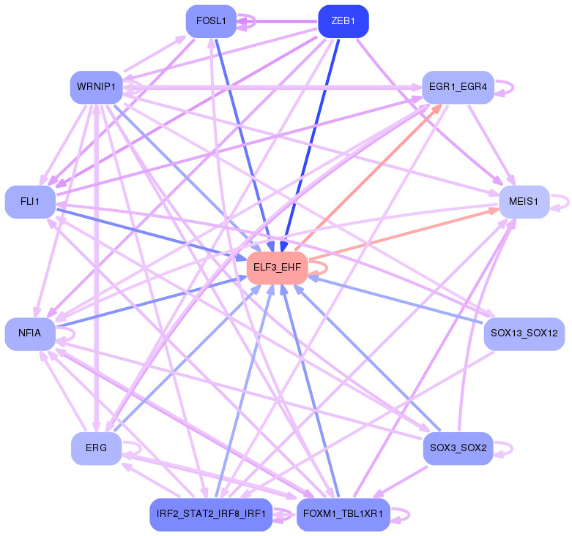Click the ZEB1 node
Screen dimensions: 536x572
tap(343, 20)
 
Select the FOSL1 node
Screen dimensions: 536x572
tap(211, 20)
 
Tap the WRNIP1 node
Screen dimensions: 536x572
tap(95, 87)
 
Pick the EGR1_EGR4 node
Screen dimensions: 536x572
tap(458, 88)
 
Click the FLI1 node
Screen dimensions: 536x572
tap(30, 201)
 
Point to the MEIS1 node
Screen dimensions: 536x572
tap(524, 201)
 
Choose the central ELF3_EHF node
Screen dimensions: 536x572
tap(277, 268)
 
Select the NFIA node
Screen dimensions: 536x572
tap(30, 334)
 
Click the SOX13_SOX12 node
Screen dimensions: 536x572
tap(524, 334)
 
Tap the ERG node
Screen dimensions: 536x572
tap(96, 448)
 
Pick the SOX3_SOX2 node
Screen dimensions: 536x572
tap(458, 448)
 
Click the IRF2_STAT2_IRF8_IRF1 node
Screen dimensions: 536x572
tap(211, 514)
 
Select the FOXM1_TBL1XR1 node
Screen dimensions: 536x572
tap(343, 514)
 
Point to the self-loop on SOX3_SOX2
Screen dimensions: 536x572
tap(505, 448)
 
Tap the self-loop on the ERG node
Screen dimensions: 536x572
tap(133, 448)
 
